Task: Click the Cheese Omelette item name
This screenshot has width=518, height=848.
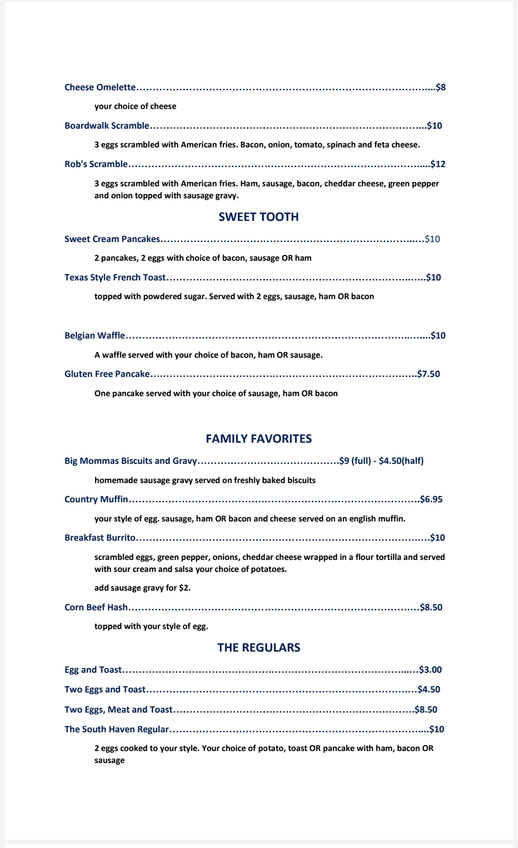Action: point(100,87)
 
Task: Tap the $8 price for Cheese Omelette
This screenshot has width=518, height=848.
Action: point(441,87)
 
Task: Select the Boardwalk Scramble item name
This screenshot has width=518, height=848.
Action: point(107,126)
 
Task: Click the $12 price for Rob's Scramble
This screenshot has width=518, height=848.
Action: point(438,164)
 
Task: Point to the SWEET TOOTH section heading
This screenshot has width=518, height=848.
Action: point(259,217)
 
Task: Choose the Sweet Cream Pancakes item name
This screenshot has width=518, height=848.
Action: point(112,239)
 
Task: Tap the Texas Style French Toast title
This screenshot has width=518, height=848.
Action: point(115,278)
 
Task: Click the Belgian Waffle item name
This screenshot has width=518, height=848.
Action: point(95,336)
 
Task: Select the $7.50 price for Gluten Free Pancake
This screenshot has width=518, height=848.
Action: point(428,374)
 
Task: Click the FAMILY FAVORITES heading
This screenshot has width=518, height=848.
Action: point(259,439)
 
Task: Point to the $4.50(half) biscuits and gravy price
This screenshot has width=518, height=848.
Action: point(401,461)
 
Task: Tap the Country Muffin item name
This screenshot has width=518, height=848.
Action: point(96,499)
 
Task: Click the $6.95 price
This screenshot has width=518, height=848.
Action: point(431,499)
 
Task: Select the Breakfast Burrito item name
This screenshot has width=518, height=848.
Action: point(100,538)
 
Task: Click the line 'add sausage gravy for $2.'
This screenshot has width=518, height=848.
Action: point(142,588)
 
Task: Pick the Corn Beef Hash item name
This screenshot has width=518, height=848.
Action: point(96,607)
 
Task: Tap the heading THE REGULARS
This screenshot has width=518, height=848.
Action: point(259,648)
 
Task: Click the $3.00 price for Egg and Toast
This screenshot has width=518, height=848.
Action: point(430,670)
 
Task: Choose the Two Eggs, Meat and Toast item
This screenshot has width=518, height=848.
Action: point(118,710)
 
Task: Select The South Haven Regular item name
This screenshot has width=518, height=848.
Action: point(117,729)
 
